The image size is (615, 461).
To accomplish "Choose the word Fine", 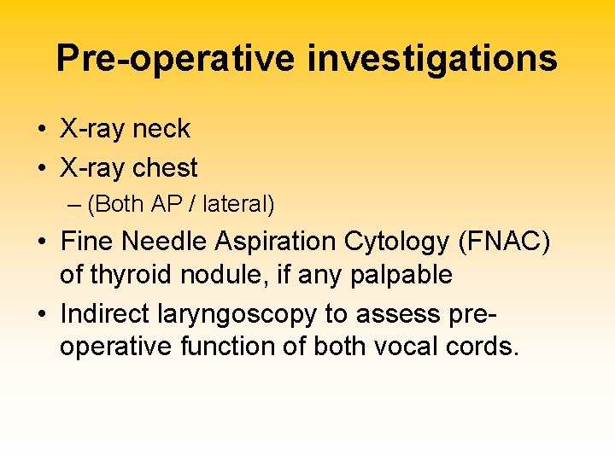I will click(87, 242).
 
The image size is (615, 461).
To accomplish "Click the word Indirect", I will click(105, 314).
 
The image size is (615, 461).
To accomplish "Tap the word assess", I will click(397, 314).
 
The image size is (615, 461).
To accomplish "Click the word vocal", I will click(405, 347).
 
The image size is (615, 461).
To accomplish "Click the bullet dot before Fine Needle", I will click(42, 243).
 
